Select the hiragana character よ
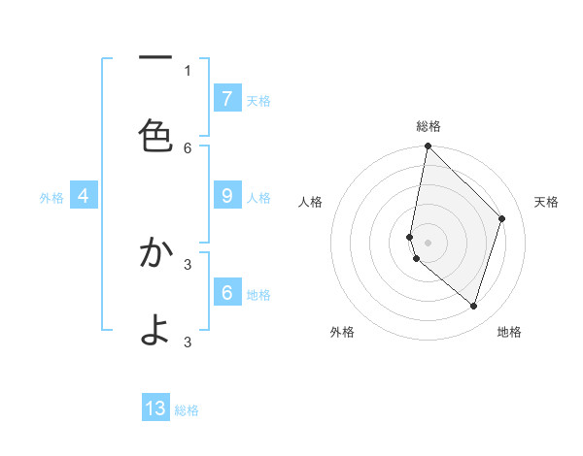[x=155, y=330]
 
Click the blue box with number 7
[x=226, y=99]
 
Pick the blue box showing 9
[x=226, y=196]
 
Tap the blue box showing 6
[x=226, y=293]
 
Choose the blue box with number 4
[x=84, y=196]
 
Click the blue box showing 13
[x=155, y=408]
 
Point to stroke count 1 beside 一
[x=188, y=70]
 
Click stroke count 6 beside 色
[x=188, y=147]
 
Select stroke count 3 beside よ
[x=188, y=342]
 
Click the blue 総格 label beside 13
[x=187, y=410]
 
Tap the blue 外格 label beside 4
[x=51, y=198]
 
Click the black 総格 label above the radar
[x=428, y=126]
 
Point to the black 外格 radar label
[x=342, y=332]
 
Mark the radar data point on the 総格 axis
[x=428, y=146]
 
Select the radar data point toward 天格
[x=502, y=218]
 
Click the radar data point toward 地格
[x=473, y=306]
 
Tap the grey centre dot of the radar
[x=428, y=242]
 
